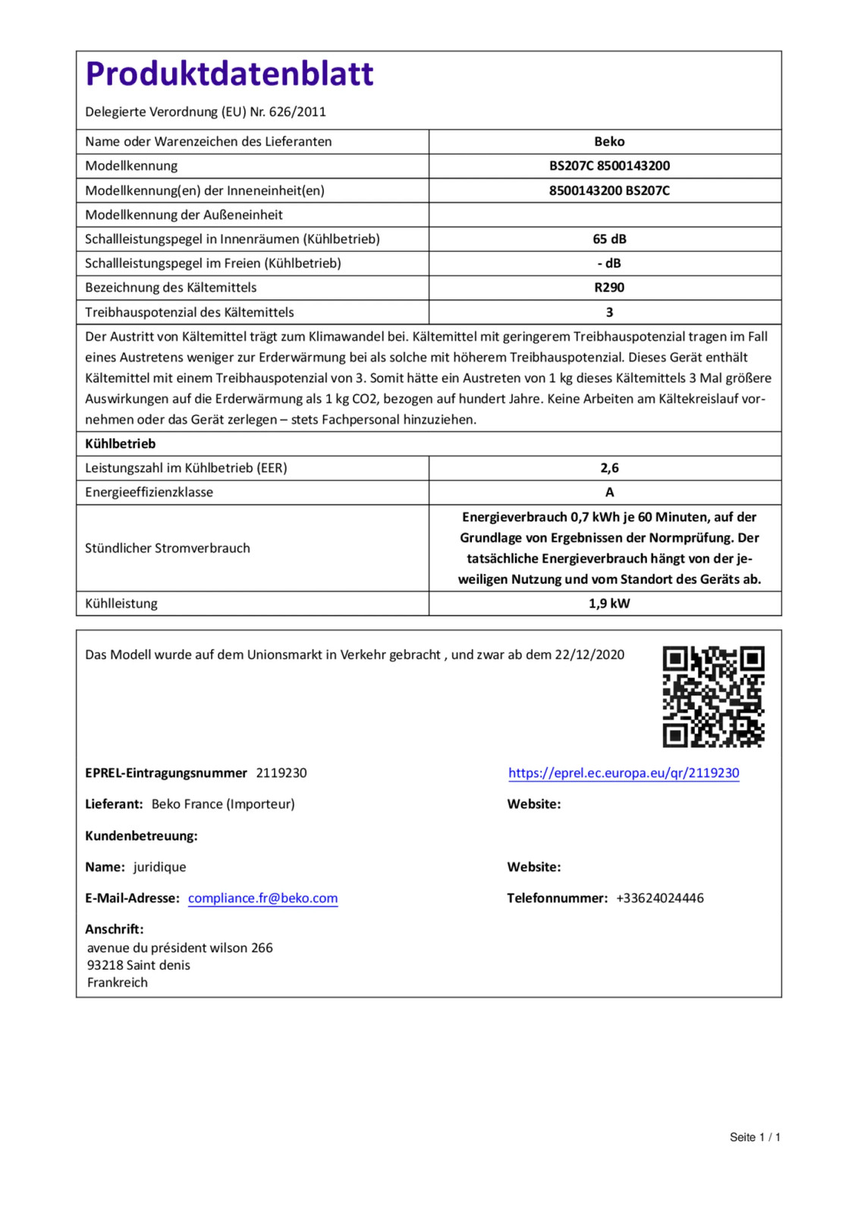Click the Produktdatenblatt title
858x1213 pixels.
click(229, 74)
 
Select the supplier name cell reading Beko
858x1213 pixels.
click(609, 142)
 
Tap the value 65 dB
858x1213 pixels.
click(609, 239)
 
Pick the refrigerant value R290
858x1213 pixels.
click(609, 287)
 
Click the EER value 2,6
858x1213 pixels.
click(609, 468)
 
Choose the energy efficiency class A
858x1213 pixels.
click(609, 492)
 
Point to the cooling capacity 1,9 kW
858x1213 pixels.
click(609, 603)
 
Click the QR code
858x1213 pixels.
click(713, 697)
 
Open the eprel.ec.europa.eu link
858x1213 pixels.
click(624, 773)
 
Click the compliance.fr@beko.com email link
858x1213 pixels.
click(262, 898)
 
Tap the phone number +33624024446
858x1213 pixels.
click(660, 898)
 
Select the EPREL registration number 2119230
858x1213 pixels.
click(281, 773)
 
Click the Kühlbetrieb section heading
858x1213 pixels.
click(120, 444)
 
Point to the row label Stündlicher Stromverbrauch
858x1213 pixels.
click(168, 548)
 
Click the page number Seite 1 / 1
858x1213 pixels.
click(755, 1136)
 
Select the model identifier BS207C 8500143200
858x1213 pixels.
click(609, 166)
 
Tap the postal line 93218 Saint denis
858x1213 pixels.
click(139, 965)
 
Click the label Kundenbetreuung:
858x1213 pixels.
click(141, 835)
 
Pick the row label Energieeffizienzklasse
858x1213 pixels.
click(149, 492)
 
